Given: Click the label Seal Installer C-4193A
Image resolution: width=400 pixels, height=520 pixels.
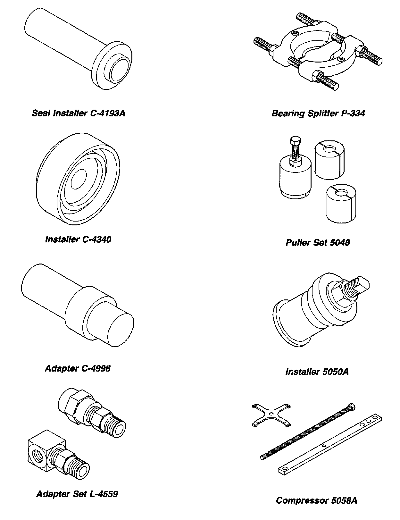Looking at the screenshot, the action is pos(78,113).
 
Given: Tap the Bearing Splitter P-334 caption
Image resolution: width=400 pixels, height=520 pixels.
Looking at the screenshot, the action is pos(318,113).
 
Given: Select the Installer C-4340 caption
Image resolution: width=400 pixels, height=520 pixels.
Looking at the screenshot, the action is pos(78,239).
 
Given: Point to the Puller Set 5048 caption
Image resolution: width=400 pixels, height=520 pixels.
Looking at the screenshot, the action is pos(317,242).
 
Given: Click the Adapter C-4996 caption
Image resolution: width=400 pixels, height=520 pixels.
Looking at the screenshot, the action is pos(78,368).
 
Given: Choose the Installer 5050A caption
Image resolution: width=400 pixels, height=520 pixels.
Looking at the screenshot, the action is pos(317,372).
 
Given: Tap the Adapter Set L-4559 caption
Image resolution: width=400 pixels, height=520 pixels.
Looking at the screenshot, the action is pos(77,494).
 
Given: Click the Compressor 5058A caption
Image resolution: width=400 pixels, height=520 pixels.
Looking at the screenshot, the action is pos(316,500).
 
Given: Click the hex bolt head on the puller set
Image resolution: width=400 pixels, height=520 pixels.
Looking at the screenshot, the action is pos(295,141).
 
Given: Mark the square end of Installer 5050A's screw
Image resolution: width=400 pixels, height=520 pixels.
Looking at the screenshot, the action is pos(362,284).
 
